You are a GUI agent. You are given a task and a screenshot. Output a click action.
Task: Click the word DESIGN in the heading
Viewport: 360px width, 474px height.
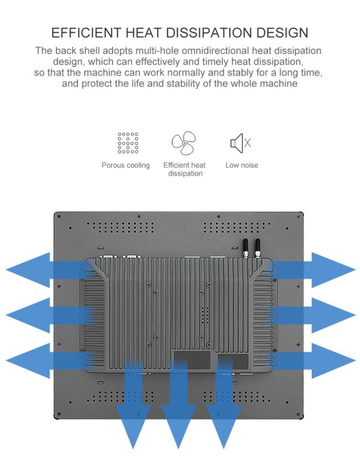pos(282,33)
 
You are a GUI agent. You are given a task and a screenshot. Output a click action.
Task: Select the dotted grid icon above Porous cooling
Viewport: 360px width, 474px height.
pos(128,142)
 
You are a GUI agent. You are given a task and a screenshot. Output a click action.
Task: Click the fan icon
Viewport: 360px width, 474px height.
pos(184,142)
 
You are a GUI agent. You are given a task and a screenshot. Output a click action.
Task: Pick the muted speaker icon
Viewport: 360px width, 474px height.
pos(240,142)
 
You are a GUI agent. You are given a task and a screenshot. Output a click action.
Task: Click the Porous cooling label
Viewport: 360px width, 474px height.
pos(126,165)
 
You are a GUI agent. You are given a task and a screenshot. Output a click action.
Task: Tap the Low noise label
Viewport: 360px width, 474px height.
pos(241,165)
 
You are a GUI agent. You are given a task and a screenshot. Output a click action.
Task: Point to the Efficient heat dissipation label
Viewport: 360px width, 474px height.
pos(184,169)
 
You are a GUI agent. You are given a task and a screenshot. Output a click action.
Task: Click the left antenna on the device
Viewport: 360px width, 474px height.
pos(245,248)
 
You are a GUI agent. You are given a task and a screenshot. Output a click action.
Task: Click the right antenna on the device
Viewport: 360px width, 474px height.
pos(258,248)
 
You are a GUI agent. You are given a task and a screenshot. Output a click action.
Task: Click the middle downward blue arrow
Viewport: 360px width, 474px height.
pos(178,404)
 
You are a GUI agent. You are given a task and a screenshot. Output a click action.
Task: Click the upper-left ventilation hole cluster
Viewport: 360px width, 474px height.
pos(120,228)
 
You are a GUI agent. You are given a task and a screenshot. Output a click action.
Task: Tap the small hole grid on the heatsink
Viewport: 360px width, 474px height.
pos(205,315)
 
